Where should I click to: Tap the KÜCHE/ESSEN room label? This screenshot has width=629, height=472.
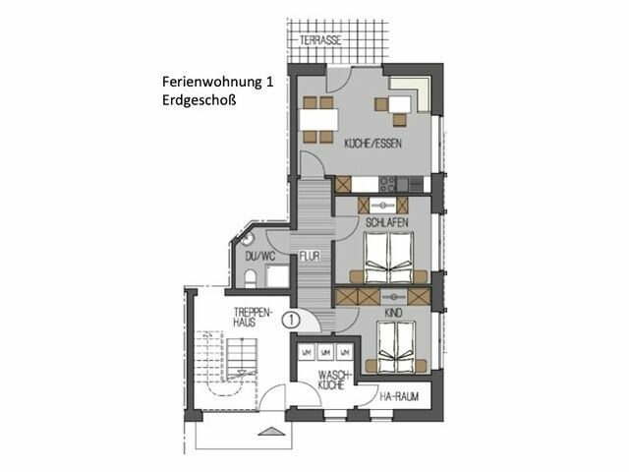(x=370, y=145)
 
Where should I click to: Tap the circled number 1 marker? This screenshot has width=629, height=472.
(x=291, y=319)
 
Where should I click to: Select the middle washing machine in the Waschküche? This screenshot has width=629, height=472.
(x=325, y=351)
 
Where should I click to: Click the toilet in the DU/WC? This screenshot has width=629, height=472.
(x=252, y=278)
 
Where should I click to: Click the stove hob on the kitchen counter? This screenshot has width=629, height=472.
(x=388, y=183)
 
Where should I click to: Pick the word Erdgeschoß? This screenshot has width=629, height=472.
(x=200, y=100)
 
